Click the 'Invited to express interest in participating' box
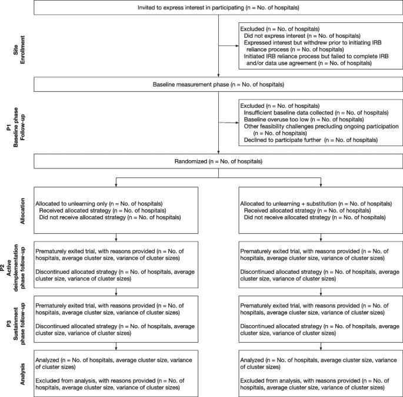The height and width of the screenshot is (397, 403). pos(217,8)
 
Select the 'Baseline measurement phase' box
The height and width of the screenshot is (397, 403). pos(217,84)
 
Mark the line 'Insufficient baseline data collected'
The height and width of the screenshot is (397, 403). pos(316,112)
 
